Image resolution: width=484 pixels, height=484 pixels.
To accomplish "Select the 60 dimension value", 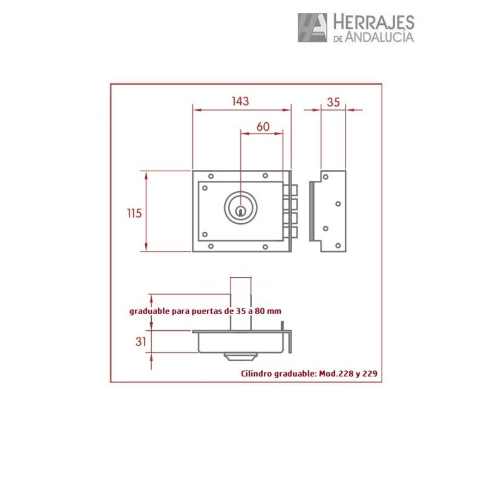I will tap(263, 126).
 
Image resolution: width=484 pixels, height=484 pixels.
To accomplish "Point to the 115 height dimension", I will tap(134, 213).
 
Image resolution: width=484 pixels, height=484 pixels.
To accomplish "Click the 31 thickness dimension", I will tap(140, 341).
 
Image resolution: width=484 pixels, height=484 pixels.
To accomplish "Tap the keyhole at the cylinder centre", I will tap(241, 211).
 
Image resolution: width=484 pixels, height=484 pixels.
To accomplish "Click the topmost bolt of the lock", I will tap(292, 190).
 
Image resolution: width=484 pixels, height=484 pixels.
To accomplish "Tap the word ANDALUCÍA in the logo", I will tap(381, 38).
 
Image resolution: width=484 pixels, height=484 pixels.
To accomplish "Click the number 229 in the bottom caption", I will tap(370, 374).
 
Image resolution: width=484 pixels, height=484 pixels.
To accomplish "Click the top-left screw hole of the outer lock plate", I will tap(210, 177).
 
